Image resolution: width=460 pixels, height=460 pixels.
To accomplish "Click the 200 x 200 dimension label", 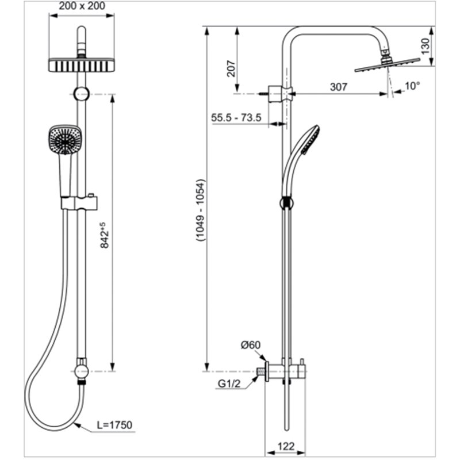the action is (82, 6).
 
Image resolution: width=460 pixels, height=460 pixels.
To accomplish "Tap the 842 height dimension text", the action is (105, 235).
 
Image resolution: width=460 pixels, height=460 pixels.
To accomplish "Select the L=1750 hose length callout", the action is (114, 425).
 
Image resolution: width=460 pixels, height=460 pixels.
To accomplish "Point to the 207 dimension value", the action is (231, 68).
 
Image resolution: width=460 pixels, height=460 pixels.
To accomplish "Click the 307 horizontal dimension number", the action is (339, 87).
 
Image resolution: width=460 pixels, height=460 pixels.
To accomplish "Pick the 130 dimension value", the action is (425, 46).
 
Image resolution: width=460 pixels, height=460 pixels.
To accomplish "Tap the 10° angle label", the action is (412, 86).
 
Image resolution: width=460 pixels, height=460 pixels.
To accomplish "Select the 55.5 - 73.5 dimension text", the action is (236, 118).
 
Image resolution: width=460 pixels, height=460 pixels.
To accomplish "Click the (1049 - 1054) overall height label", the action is (201, 210).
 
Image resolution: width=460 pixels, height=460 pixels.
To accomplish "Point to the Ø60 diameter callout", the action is (251, 345).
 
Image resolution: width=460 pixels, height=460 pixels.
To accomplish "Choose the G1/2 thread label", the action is (229, 384).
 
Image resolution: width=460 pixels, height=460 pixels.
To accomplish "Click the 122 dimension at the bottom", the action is (286, 446).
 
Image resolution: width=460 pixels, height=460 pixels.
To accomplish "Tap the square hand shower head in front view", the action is (65, 140).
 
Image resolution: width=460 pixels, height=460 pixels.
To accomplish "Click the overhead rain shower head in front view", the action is (82, 65).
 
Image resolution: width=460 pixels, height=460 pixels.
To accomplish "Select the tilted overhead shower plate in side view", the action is (387, 65).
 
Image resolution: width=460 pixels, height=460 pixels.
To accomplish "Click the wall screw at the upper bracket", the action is (263, 94).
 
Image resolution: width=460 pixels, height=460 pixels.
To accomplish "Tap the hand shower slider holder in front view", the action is (80, 203).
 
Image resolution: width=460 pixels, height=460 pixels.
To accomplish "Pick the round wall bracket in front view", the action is (82, 94).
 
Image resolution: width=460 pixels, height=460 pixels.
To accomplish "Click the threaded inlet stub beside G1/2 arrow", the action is (261, 371).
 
